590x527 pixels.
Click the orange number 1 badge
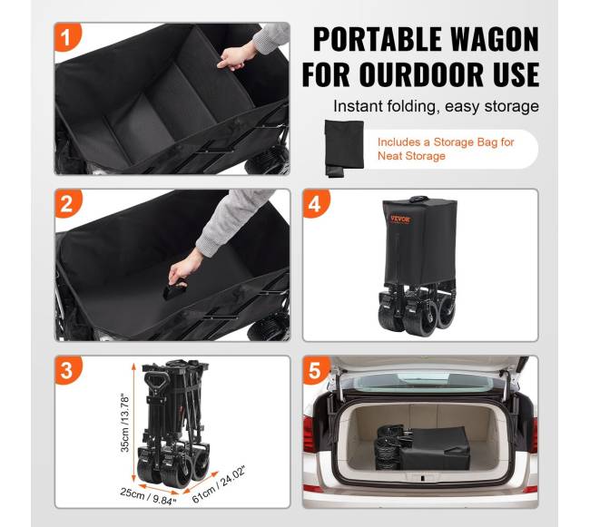[x=66, y=37]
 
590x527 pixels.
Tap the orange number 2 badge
[x=66, y=204]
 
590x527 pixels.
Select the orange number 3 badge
[x=66, y=370]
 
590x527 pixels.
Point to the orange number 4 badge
[x=315, y=204]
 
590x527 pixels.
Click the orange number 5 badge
[x=315, y=370]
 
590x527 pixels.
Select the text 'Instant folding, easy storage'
[x=436, y=106]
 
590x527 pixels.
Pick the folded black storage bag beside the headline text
[x=343, y=148]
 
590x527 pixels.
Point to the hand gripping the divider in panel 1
[x=235, y=57]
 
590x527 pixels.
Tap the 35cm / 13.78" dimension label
[x=125, y=423]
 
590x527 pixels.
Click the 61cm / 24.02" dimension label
[x=218, y=485]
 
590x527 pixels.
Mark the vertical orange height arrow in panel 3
[x=133, y=422]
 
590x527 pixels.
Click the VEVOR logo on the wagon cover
[x=400, y=219]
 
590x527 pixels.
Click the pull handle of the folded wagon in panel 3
[x=155, y=382]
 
